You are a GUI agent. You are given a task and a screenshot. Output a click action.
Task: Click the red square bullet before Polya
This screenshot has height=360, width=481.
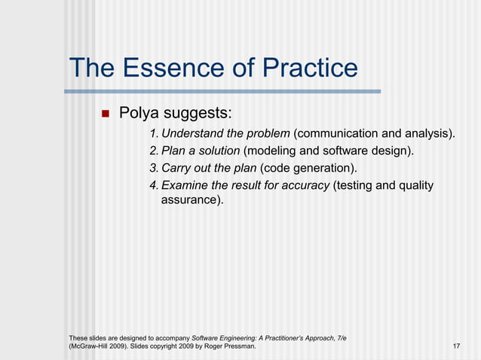[106, 114]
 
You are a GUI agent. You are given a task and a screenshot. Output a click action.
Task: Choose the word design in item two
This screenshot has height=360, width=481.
[393, 151]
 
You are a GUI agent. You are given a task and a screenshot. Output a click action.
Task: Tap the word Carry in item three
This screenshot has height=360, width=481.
[178, 168]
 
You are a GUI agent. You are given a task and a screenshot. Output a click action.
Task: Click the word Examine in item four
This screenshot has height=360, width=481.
[186, 185]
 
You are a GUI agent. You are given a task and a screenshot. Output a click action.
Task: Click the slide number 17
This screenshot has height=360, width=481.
[456, 346]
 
